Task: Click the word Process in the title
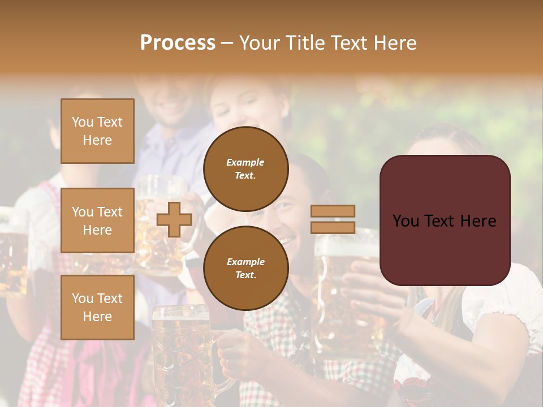[x=178, y=43]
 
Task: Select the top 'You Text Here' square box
[x=97, y=131]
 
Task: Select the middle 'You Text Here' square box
[x=97, y=220]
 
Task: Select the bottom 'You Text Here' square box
[x=97, y=307]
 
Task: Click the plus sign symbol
[x=174, y=219]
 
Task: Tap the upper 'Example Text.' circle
[x=246, y=168]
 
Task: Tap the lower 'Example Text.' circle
[x=246, y=268]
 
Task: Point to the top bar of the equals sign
[x=333, y=211]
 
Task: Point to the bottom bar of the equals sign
[x=333, y=227]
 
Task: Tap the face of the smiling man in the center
[x=283, y=218]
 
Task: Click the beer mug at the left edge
[x=12, y=254]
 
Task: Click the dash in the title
[x=227, y=43]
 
